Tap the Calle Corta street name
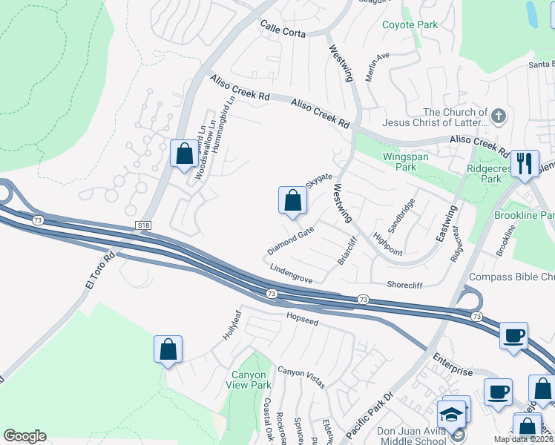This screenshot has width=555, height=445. pyautogui.click(x=283, y=29)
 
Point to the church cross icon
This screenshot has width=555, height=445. pyautogui.click(x=499, y=116)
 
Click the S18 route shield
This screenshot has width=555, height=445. pyautogui.click(x=142, y=223)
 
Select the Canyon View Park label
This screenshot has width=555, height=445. pyautogui.click(x=250, y=380)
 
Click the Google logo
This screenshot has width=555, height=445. pyautogui.click(x=24, y=436)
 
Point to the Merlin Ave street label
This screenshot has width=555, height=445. pyautogui.click(x=378, y=67)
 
